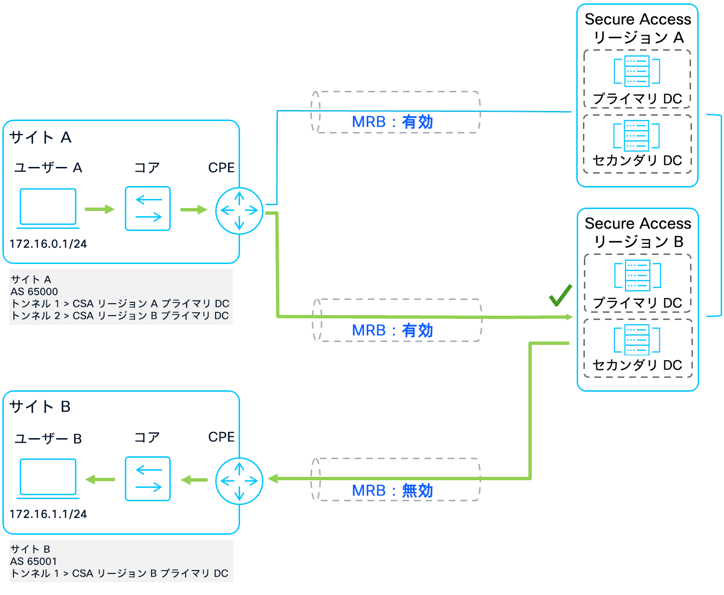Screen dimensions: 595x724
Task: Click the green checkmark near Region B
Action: (560, 296)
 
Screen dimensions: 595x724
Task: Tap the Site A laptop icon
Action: (48, 208)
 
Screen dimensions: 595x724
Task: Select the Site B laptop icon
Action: (48, 478)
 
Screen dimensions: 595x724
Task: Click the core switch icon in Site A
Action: (148, 209)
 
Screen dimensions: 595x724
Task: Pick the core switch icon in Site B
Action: (148, 479)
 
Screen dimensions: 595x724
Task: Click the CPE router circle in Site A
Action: (239, 210)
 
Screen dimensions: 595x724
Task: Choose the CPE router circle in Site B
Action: (239, 481)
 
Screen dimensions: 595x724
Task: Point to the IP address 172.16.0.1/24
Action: (48, 244)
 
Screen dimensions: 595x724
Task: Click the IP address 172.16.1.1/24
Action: (48, 514)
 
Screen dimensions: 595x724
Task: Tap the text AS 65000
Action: (34, 292)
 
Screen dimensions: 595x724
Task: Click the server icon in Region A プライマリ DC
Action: (637, 71)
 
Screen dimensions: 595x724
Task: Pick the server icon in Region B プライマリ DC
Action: (637, 275)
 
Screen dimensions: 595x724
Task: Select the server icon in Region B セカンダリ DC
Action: (637, 340)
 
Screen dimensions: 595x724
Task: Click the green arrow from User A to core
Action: (99, 209)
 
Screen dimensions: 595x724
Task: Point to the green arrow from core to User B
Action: (100, 479)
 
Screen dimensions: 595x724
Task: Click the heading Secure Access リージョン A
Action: (637, 28)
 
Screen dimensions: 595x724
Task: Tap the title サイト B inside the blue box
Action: (40, 407)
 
